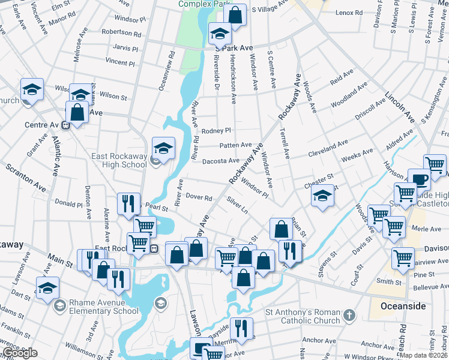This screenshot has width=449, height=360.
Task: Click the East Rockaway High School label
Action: tap(119, 160)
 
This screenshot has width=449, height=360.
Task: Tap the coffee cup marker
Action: tap(419, 179)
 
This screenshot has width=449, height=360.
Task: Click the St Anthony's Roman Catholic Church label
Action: tap(303, 316)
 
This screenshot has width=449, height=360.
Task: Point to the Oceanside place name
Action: tap(403, 306)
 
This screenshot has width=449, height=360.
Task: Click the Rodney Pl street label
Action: tap(216, 131)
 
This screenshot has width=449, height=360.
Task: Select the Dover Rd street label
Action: tap(199, 197)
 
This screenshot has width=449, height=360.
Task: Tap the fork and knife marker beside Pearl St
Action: tap(129, 203)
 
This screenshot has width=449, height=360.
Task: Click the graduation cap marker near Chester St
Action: tap(322, 197)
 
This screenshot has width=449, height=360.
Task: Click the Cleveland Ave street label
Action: tap(328, 149)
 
